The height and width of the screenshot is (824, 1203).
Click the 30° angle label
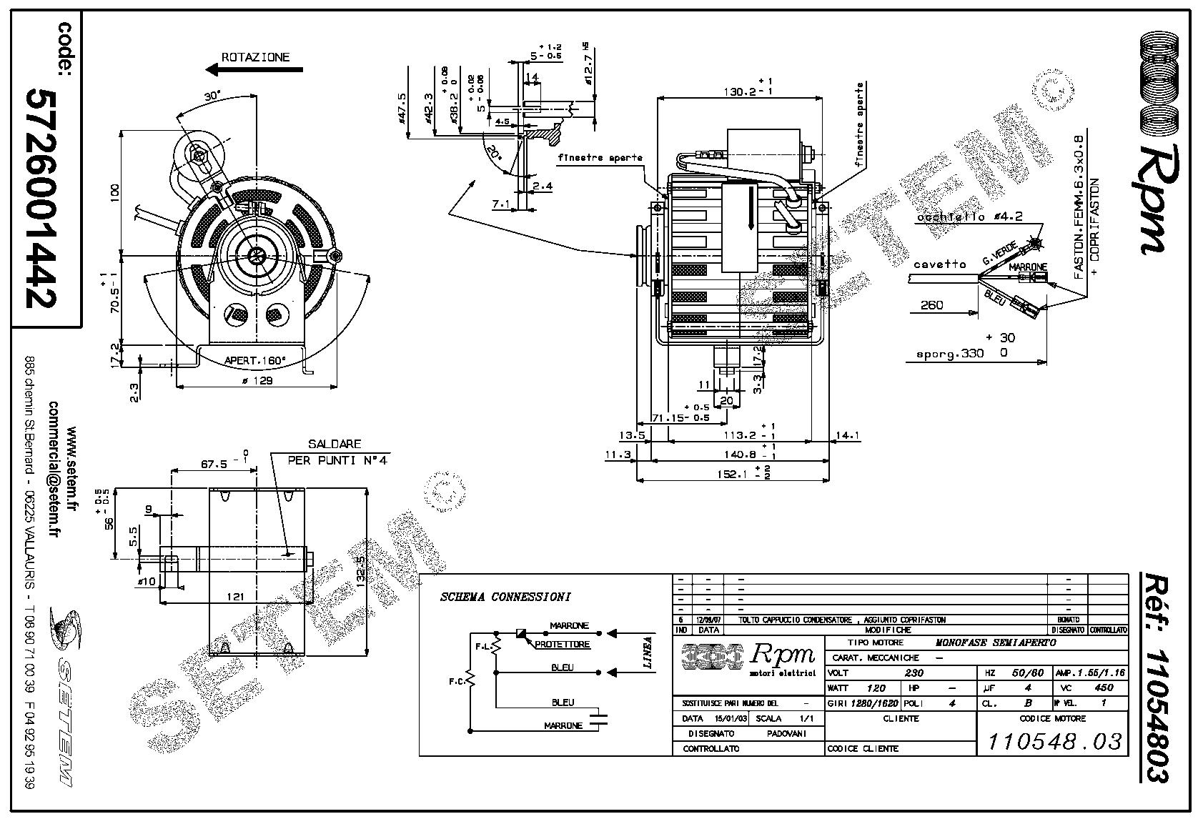click(211, 96)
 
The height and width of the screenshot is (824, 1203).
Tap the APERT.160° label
click(254, 360)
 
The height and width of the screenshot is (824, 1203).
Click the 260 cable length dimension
click(931, 305)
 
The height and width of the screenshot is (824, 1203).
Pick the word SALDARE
click(335, 445)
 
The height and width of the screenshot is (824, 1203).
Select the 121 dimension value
click(234, 596)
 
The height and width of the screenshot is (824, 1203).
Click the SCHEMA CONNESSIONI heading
click(505, 597)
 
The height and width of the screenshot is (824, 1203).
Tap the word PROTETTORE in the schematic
click(563, 644)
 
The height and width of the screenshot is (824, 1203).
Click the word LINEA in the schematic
click(648, 652)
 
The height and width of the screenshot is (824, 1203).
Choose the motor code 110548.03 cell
click(1054, 741)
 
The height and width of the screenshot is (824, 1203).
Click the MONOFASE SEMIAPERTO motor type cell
click(996, 642)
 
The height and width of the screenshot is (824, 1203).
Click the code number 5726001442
click(40, 199)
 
